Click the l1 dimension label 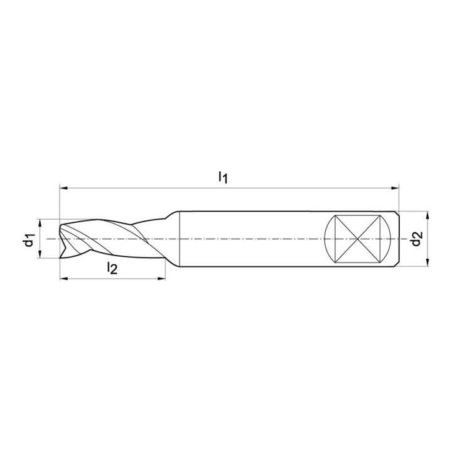click(x=223, y=177)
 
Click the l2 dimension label click(x=112, y=268)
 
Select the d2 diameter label click(x=417, y=239)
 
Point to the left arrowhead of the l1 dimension click(x=63, y=188)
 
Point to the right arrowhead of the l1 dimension click(x=395, y=188)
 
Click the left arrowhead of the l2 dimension click(x=63, y=279)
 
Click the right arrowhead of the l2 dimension click(x=161, y=279)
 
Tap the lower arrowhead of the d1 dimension click(x=40, y=254)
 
